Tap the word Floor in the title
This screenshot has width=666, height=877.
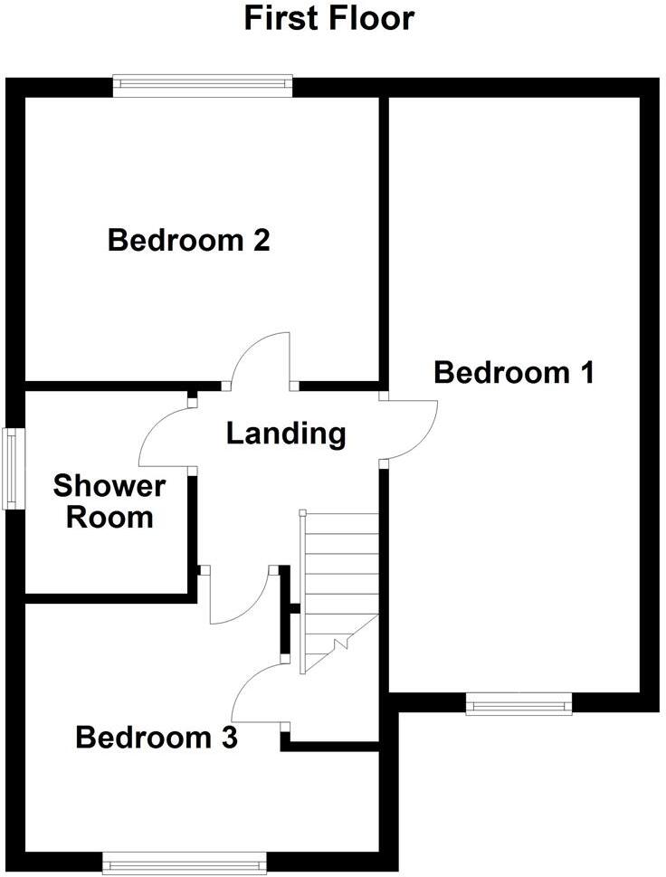coord(370,18)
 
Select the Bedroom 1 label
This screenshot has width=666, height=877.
coord(514,372)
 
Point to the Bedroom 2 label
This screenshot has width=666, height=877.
coord(189,241)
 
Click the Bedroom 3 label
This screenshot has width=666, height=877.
coord(157,738)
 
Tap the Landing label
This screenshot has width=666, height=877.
coord(286,434)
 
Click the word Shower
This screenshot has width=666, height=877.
coord(109,486)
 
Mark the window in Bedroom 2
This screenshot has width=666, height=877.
coord(203,86)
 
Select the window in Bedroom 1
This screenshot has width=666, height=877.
coord(519,703)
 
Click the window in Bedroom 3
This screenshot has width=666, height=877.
coord(185,862)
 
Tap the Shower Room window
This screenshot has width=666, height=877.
coord(13,468)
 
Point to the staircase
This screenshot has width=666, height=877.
coord(338,588)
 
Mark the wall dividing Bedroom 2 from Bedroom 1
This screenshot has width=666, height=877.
coord(384,235)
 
